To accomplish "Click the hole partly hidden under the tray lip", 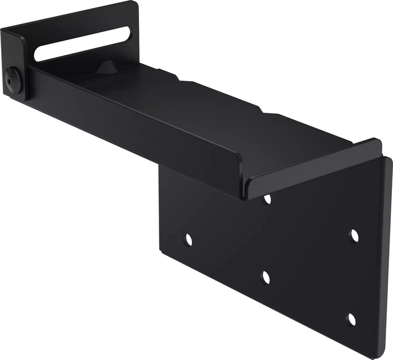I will pos(266,199).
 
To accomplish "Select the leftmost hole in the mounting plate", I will pos(187,239).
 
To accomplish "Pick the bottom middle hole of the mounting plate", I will pos(265,278).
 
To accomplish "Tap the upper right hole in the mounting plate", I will pos(354,235).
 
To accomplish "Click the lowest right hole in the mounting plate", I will pos(352,319).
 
